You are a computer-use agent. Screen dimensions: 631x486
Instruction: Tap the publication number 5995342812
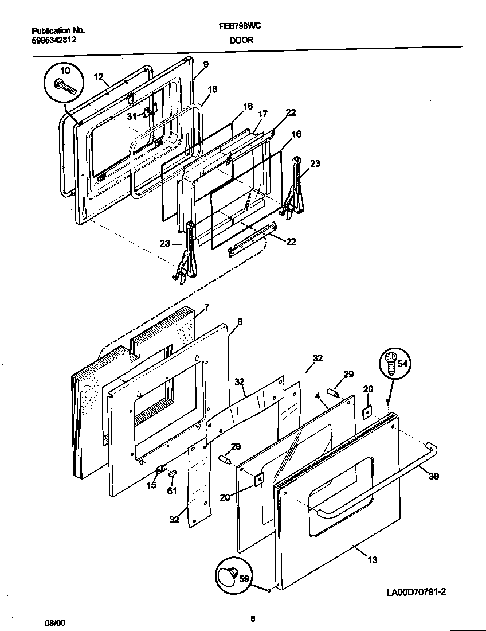click(x=53, y=40)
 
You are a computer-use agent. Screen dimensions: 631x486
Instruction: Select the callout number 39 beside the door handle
click(x=433, y=476)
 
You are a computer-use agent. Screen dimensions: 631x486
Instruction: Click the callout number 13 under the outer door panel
click(x=373, y=560)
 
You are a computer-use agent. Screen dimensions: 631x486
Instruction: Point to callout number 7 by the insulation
click(x=206, y=308)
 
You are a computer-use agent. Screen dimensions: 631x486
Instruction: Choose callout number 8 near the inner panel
click(x=239, y=322)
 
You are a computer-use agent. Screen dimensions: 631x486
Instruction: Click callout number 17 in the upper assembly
click(x=262, y=114)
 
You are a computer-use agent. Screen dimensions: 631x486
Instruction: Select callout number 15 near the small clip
click(x=152, y=486)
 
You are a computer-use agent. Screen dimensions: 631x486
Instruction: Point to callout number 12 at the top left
click(x=98, y=76)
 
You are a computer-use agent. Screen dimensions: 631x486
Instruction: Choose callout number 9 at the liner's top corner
click(x=205, y=64)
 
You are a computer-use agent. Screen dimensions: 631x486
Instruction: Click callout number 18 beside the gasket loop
click(x=212, y=89)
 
